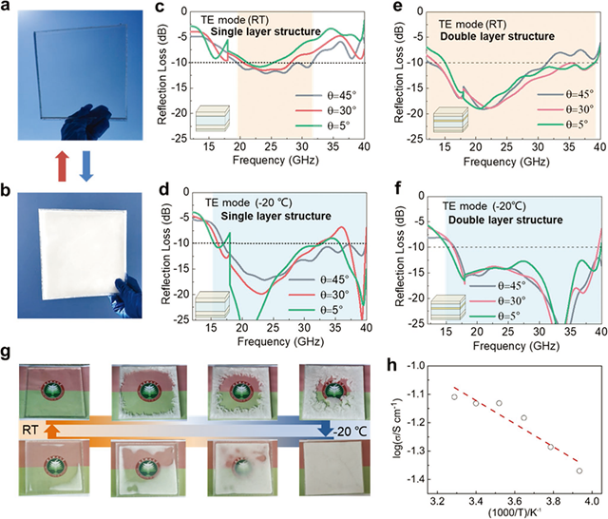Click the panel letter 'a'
point(7,8)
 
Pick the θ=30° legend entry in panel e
point(564,111)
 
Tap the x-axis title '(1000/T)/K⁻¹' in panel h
point(514,512)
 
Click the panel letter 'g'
point(7,354)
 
